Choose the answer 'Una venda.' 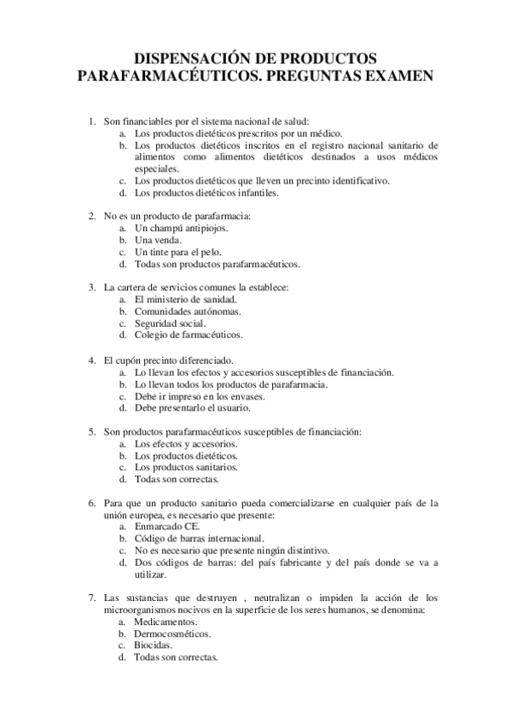(158, 241)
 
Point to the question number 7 (92, 598)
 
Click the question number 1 (92, 122)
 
